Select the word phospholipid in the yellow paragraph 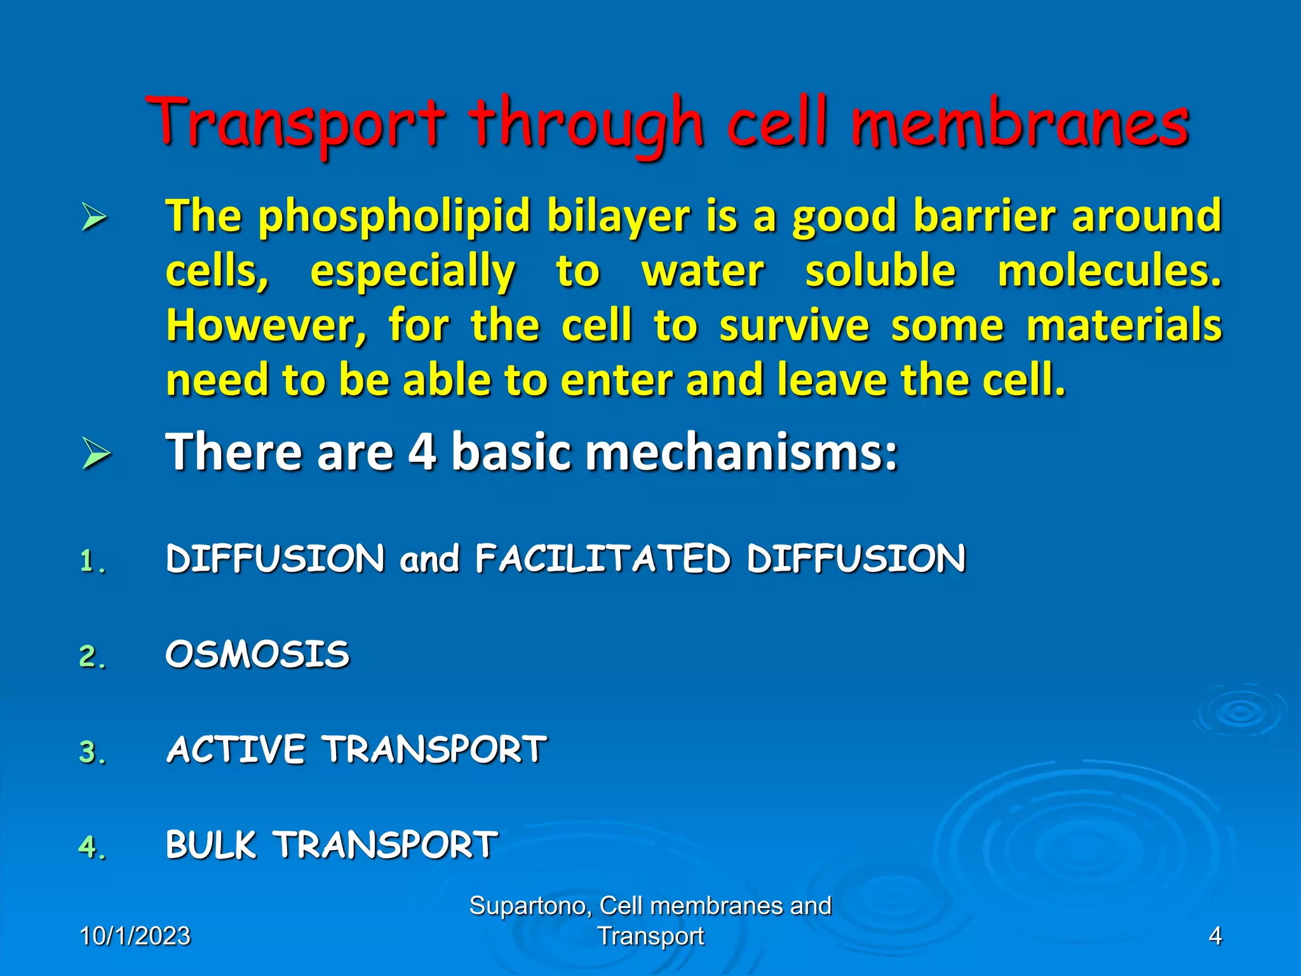pyautogui.click(x=394, y=216)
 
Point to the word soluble pyautogui.click(x=880, y=271)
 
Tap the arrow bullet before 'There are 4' pyautogui.click(x=95, y=454)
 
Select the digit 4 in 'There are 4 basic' pyautogui.click(x=422, y=452)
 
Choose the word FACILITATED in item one pyautogui.click(x=602, y=559)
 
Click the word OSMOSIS pyautogui.click(x=257, y=654)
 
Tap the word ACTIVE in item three pyautogui.click(x=236, y=750)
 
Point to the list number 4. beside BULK pyautogui.click(x=91, y=847)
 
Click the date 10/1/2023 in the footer pyautogui.click(x=135, y=936)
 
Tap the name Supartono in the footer pyautogui.click(x=529, y=905)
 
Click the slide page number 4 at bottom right pyautogui.click(x=1215, y=936)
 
